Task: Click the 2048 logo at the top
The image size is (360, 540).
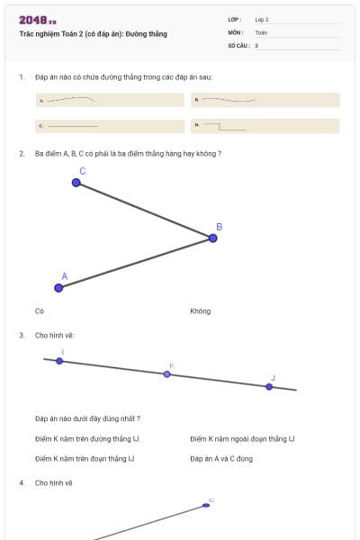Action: tap(37, 20)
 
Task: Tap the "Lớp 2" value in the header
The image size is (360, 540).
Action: tap(262, 19)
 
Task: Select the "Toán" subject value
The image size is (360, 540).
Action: tap(261, 31)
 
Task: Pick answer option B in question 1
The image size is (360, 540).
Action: tap(266, 100)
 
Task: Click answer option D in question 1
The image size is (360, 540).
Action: tap(266, 126)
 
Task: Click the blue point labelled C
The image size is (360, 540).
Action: tap(76, 183)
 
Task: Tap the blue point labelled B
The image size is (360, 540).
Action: tap(213, 238)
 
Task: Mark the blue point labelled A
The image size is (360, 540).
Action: tap(59, 288)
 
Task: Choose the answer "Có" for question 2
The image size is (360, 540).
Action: tap(40, 311)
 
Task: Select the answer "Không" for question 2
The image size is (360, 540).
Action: tap(200, 311)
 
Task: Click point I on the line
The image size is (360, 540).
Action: tap(59, 361)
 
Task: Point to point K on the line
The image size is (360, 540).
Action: tap(166, 373)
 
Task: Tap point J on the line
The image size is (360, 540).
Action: tap(269, 386)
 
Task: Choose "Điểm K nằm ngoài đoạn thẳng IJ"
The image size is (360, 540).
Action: tap(242, 439)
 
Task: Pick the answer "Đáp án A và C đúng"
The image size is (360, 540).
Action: tap(221, 459)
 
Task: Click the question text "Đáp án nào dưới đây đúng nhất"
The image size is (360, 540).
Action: tap(87, 418)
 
